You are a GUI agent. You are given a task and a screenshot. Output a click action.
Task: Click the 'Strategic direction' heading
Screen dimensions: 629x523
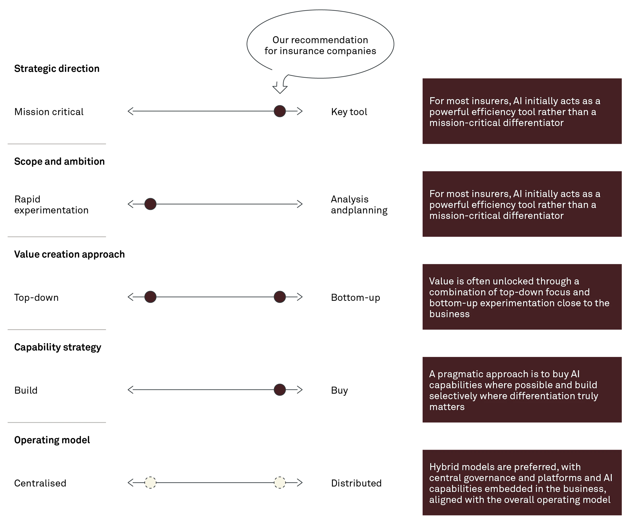pyautogui.click(x=57, y=69)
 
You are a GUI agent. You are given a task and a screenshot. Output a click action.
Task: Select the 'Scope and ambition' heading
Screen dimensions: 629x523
pyautogui.click(x=59, y=161)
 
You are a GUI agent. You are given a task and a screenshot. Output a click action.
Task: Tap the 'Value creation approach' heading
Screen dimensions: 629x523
pyautogui.click(x=69, y=254)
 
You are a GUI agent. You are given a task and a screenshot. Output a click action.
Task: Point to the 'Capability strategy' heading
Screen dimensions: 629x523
pyautogui.click(x=58, y=347)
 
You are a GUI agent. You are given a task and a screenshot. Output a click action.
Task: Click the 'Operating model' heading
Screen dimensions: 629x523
pyautogui.click(x=52, y=440)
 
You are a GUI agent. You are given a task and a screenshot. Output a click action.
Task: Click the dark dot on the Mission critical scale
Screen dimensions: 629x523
pyautogui.click(x=280, y=111)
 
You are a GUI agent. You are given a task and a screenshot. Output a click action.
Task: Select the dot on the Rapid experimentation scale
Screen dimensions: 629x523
pyautogui.click(x=150, y=204)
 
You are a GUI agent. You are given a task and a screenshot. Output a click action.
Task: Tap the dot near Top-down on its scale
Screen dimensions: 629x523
pyautogui.click(x=150, y=297)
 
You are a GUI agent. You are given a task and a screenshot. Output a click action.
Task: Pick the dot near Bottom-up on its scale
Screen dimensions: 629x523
pyautogui.click(x=280, y=297)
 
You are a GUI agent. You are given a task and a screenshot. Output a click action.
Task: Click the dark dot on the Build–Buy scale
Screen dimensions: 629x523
pyautogui.click(x=280, y=390)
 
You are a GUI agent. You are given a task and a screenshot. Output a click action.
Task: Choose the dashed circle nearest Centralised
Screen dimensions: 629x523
pyautogui.click(x=150, y=483)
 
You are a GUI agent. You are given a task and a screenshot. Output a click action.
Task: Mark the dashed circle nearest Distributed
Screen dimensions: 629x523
pyautogui.click(x=280, y=483)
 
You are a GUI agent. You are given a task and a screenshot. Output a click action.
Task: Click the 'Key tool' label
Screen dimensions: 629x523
pyautogui.click(x=349, y=112)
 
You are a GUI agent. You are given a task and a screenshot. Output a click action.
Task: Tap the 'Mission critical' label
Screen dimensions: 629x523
pyautogui.click(x=49, y=112)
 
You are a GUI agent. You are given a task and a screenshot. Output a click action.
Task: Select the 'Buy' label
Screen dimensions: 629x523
pyautogui.click(x=339, y=391)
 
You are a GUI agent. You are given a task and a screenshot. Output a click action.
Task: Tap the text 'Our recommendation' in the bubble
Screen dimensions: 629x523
pyautogui.click(x=320, y=40)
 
